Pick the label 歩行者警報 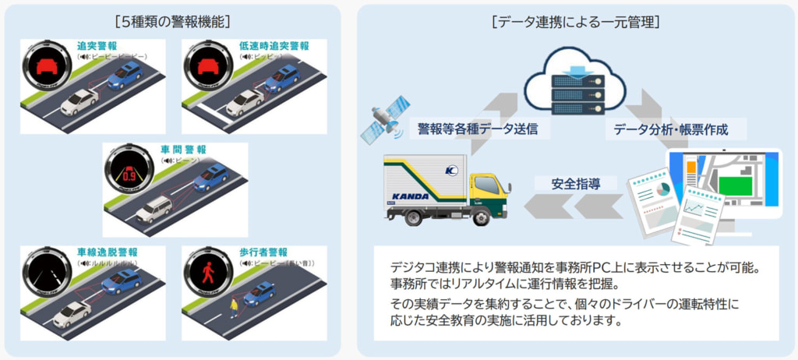pos(263,252)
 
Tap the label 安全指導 pos(574,184)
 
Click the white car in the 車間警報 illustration pos(154,208)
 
